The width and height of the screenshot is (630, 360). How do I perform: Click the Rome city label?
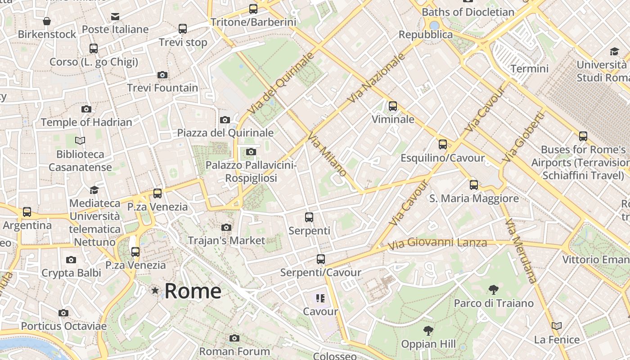193,291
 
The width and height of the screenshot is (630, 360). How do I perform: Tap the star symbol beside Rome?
155,291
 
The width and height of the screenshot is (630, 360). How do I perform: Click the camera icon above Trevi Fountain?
162,75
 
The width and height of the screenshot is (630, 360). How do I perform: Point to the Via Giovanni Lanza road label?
437,243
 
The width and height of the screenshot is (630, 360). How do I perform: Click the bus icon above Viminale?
393,106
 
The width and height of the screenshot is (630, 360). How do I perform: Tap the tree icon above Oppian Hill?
428,331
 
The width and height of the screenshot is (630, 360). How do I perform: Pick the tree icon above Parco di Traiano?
494,289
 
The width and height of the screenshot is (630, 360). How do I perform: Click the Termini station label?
529,69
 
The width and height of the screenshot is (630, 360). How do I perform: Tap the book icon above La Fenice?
557,326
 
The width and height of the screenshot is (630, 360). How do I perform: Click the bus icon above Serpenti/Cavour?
320,259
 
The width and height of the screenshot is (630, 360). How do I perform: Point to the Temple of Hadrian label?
86,122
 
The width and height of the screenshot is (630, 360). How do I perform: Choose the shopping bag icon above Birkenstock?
47,21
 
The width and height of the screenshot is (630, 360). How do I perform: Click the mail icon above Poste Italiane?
115,17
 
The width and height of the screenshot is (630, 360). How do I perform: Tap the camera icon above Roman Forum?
234,338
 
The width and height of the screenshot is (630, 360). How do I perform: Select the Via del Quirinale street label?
280,83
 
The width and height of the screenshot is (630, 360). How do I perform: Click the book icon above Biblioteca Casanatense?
80,141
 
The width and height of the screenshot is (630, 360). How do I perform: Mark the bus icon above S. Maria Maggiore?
473,184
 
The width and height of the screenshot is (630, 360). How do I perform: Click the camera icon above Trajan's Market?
226,227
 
